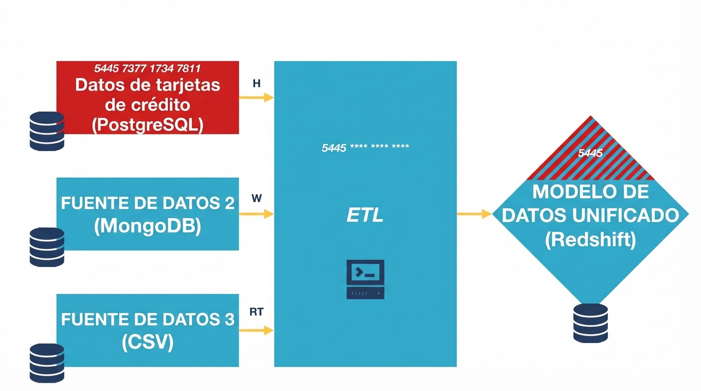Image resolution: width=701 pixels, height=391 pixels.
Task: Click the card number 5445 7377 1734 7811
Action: click(x=147, y=68)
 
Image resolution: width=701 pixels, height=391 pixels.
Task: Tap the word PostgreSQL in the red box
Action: click(x=148, y=125)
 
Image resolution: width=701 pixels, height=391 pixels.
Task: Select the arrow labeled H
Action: click(x=256, y=98)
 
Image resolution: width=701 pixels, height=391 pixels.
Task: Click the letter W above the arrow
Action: click(x=256, y=199)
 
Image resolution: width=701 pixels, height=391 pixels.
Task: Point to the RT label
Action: click(x=256, y=312)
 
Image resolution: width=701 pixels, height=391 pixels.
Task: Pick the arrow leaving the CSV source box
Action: click(x=256, y=330)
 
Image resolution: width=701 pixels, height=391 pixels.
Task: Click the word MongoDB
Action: click(x=148, y=226)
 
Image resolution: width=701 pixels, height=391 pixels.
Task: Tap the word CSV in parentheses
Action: click(x=148, y=342)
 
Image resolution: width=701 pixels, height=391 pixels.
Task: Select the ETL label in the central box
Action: click(x=365, y=216)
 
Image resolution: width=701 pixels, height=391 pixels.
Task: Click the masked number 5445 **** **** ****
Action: click(x=365, y=148)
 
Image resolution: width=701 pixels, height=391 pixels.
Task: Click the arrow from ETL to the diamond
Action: click(x=474, y=214)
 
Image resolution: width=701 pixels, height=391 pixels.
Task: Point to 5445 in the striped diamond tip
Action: click(x=590, y=153)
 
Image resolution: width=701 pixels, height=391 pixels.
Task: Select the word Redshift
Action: click(x=590, y=239)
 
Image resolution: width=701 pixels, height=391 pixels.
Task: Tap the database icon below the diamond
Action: click(x=590, y=323)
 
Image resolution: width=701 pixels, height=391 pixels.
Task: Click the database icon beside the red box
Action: click(x=47, y=131)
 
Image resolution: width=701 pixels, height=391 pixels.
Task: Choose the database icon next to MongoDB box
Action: click(x=47, y=247)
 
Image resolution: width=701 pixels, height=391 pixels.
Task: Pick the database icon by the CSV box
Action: click(x=47, y=362)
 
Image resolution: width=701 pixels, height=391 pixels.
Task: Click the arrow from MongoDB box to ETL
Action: click(x=256, y=214)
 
